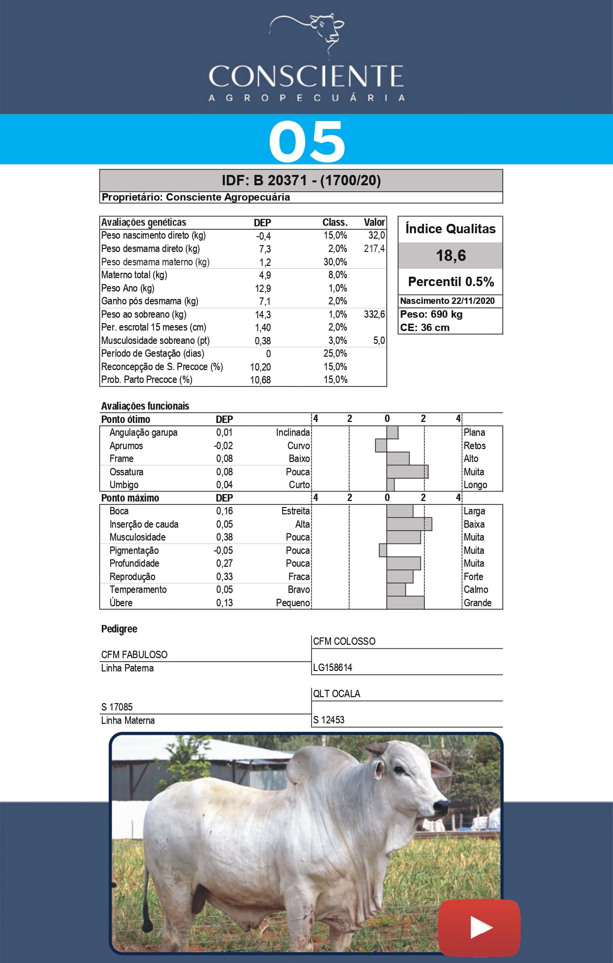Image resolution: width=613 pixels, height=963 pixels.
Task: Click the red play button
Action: (479, 927)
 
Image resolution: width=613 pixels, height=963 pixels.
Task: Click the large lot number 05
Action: (307, 142)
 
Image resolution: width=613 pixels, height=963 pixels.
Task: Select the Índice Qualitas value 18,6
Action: (450, 255)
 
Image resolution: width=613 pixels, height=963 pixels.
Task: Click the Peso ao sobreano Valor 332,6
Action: (374, 314)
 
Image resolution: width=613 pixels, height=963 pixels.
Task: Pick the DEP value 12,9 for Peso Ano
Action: (263, 289)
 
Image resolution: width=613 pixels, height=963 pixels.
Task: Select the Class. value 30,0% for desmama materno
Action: (335, 262)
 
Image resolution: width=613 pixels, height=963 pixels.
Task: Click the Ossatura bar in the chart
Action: (407, 472)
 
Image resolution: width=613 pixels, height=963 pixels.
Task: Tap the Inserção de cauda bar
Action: (409, 524)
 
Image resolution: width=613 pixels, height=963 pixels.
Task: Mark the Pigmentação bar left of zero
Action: (383, 550)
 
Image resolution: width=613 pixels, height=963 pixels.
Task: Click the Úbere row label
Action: (121, 603)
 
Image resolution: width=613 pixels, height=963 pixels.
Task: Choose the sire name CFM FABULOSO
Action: (134, 655)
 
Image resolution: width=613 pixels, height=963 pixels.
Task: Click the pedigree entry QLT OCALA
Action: (337, 694)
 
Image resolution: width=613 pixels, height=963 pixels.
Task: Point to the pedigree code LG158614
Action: (333, 668)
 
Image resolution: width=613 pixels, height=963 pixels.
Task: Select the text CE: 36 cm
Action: (425, 328)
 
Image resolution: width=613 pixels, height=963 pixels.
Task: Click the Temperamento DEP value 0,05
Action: (224, 589)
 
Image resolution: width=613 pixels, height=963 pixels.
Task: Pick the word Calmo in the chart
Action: (476, 589)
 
